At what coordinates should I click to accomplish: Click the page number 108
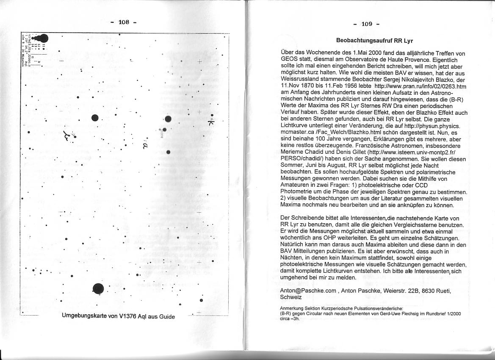point(123,22)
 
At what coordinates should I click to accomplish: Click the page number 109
point(367,24)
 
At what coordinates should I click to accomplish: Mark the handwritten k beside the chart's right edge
point(212,122)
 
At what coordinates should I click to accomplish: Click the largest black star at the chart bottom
point(98,289)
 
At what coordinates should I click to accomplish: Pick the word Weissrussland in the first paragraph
point(300,79)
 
